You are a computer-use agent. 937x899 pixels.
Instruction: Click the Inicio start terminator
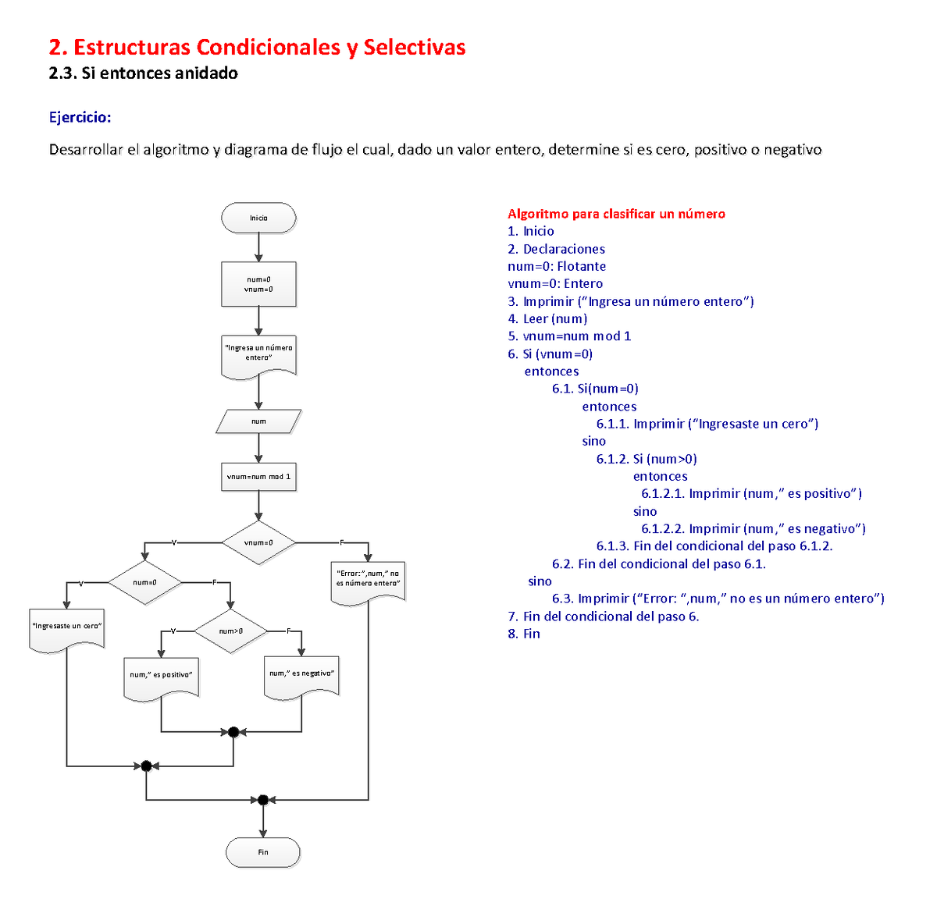258,218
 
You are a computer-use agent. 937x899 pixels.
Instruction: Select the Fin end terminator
263,852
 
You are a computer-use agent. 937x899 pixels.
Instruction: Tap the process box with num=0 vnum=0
258,284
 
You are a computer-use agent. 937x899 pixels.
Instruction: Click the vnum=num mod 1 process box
258,476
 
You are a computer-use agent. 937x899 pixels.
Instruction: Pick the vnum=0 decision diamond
258,542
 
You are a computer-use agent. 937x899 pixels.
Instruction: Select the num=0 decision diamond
144,582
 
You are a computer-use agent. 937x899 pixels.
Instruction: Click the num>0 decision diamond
230,631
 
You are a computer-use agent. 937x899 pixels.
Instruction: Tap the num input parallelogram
258,421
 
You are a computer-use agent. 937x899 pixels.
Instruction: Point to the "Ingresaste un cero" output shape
66,627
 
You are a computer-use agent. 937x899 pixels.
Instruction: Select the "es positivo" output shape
161,676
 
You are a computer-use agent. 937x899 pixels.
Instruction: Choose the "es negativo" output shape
301,674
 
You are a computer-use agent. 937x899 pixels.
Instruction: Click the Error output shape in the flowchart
368,580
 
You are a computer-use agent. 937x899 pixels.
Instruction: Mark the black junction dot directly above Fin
263,800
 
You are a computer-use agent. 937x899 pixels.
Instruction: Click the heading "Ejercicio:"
80,117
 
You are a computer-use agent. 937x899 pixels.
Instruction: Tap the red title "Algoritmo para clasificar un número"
616,214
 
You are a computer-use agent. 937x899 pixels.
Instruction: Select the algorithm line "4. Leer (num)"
547,318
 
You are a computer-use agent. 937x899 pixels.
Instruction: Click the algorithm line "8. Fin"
524,634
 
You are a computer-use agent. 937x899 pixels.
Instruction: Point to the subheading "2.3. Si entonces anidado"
143,73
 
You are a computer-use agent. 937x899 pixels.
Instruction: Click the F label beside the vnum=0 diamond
341,542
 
